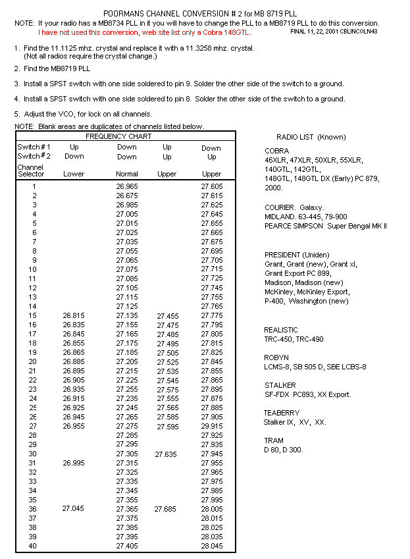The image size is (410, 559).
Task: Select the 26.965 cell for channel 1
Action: (x=127, y=186)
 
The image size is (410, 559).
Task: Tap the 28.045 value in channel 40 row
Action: (x=211, y=546)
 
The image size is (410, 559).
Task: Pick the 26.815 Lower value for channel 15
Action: (x=74, y=315)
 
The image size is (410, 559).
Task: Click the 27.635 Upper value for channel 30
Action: (x=167, y=454)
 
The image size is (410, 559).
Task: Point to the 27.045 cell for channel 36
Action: (x=74, y=509)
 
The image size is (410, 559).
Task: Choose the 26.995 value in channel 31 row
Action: (x=74, y=463)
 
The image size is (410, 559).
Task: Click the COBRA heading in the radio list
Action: (x=276, y=151)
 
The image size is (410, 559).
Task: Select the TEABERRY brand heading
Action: (x=282, y=413)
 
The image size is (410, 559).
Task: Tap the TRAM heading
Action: (x=274, y=440)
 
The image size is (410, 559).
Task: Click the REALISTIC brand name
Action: (x=281, y=330)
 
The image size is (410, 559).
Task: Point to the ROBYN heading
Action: (x=276, y=358)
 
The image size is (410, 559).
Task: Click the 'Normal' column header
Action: (x=127, y=174)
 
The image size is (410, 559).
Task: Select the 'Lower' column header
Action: (x=74, y=174)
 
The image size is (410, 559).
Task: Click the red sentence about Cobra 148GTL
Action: (x=144, y=32)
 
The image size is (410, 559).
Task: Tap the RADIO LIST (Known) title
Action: (x=311, y=137)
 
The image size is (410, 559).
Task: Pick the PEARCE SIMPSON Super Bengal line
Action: (x=326, y=226)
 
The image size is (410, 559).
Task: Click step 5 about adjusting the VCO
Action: (x=83, y=114)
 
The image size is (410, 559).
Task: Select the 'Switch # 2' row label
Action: (x=34, y=156)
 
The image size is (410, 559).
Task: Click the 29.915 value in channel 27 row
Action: (x=211, y=426)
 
